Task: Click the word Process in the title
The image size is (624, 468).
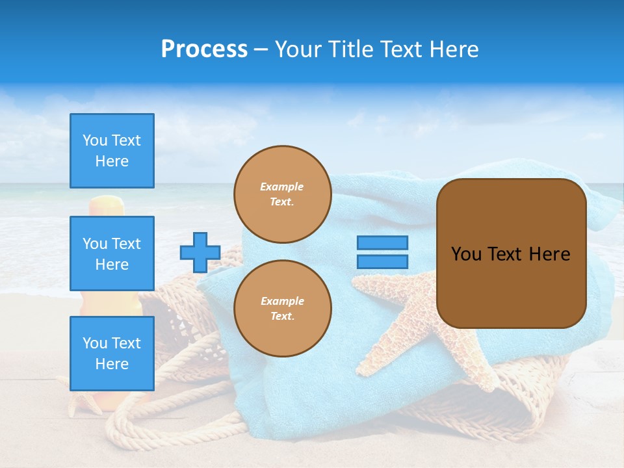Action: click(x=204, y=49)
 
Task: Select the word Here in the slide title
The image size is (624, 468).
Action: click(x=452, y=49)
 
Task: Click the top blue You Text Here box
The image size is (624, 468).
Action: click(x=112, y=151)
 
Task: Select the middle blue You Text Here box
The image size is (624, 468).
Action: click(x=112, y=253)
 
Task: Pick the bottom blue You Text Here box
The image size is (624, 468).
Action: click(x=112, y=353)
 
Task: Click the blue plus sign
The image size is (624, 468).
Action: click(x=200, y=252)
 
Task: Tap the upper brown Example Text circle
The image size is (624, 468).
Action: click(x=282, y=194)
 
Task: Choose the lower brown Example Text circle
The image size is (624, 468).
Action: click(x=282, y=309)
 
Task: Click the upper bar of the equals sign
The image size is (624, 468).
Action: click(x=382, y=242)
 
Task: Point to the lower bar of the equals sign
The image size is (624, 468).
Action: click(x=382, y=261)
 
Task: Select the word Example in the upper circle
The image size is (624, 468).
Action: click(x=282, y=187)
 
